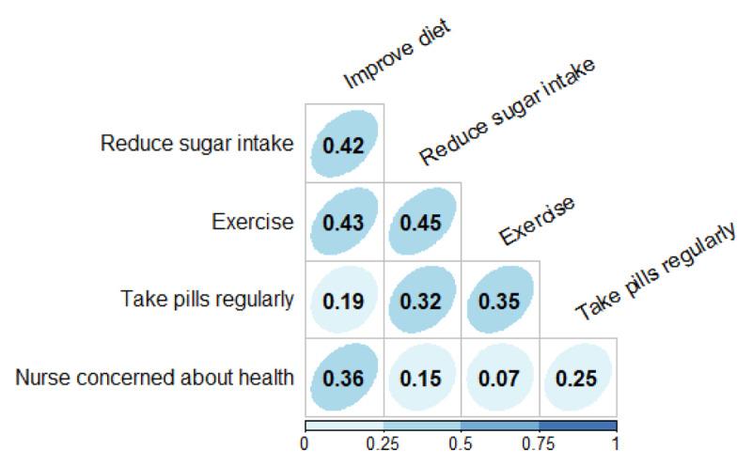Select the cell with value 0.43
pos(344,222)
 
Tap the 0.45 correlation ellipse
pos(422,222)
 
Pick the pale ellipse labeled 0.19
pos(344,300)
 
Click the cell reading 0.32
pos(422,300)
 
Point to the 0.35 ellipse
pos(500,300)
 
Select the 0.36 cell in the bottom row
pos(344,378)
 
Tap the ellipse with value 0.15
pos(422,378)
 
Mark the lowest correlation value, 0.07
pos(500,378)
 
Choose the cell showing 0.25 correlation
pos(578,378)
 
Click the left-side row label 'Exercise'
pos(253,222)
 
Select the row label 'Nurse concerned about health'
pos(155,378)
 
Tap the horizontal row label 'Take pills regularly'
pos(208,300)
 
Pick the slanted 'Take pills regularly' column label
pos(655,272)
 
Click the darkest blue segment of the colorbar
pos(577,426)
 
